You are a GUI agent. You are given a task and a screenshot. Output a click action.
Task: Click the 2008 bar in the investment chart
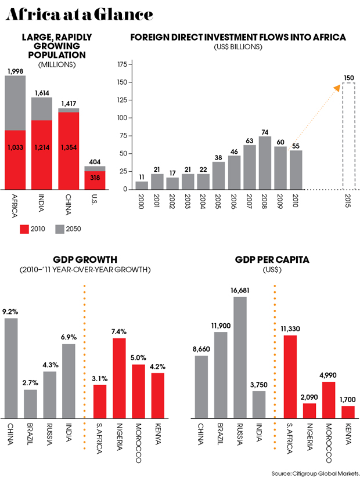pos(265,162)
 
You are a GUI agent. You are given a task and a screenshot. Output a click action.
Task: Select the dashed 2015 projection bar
pos(348,136)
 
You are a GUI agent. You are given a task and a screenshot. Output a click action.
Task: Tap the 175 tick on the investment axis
pos(122,65)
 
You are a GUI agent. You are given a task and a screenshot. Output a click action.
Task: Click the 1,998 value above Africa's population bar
pos(15,71)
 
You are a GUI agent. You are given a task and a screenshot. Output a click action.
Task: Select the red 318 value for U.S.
pos(94,178)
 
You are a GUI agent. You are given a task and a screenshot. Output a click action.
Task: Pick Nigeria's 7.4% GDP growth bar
pos(120,378)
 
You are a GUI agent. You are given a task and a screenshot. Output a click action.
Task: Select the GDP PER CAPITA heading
pos(272,259)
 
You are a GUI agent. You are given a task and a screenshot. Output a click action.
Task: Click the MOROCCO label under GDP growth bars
pos(139,444)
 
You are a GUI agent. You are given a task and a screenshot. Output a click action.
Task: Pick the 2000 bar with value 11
pos(142,185)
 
